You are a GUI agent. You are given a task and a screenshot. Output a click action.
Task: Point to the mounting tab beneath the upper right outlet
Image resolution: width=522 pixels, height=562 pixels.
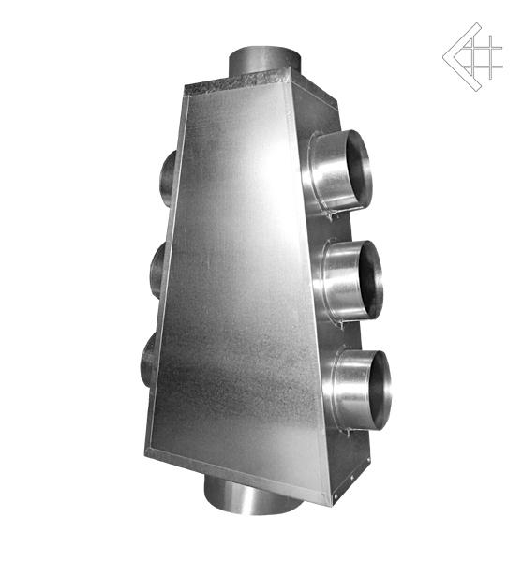pyautogui.click(x=333, y=216)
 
